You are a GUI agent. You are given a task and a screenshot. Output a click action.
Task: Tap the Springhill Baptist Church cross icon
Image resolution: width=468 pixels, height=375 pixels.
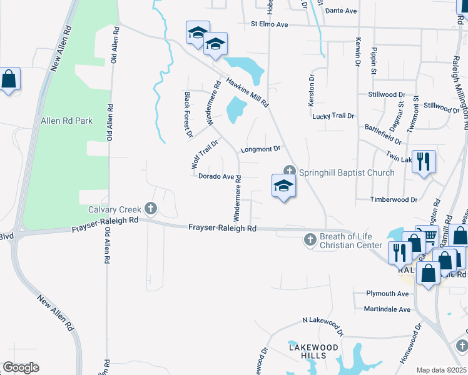point(290,170)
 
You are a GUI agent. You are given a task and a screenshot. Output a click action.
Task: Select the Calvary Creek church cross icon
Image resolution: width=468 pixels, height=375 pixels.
point(150,207)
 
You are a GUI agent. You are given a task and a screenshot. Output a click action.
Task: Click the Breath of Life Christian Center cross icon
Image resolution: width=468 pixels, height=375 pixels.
point(310,239)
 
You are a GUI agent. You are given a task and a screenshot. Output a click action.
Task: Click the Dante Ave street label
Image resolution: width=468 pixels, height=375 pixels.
point(341,11)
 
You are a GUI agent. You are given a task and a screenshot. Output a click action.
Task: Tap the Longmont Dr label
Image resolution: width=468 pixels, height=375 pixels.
point(260,149)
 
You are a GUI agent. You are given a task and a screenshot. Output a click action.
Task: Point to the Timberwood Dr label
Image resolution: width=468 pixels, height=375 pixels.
point(394,199)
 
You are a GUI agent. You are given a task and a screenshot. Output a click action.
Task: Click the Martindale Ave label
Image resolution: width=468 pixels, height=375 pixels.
point(387,309)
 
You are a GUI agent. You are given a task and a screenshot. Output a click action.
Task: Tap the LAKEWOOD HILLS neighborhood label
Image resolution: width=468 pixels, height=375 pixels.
point(307,351)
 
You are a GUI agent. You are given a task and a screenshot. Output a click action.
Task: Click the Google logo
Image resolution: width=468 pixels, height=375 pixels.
point(21,367)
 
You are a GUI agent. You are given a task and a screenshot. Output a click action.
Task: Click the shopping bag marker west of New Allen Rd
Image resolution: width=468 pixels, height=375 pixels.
point(9,79)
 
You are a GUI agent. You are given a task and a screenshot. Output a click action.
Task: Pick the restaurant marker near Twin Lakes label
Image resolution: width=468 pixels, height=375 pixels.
point(424,162)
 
